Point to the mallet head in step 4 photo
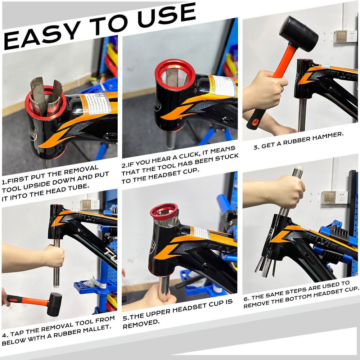54,304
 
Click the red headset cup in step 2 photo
175,74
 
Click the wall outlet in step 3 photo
340,36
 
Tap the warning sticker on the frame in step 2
223,86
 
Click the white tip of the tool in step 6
298,169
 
